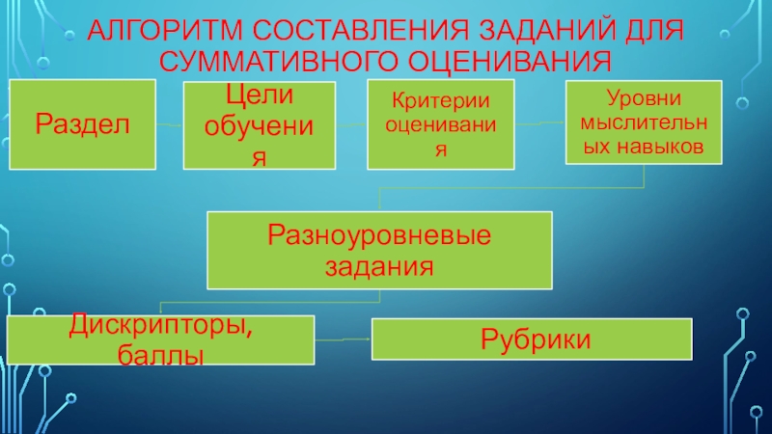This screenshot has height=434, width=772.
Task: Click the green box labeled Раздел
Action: [82, 123]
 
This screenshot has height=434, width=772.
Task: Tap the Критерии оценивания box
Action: [440, 125]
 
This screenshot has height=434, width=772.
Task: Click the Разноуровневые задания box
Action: [380, 250]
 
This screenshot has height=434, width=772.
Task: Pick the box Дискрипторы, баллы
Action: [160, 340]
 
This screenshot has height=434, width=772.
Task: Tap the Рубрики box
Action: [532, 339]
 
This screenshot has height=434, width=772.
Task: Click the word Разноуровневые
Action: [380, 234]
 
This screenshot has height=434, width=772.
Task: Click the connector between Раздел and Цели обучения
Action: [169, 125]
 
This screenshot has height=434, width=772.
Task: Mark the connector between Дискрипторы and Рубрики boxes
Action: [344, 339]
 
